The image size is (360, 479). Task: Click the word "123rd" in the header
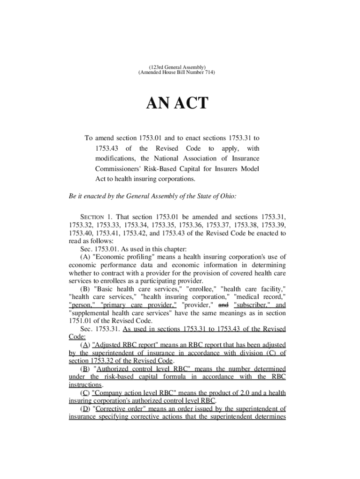click(155, 67)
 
